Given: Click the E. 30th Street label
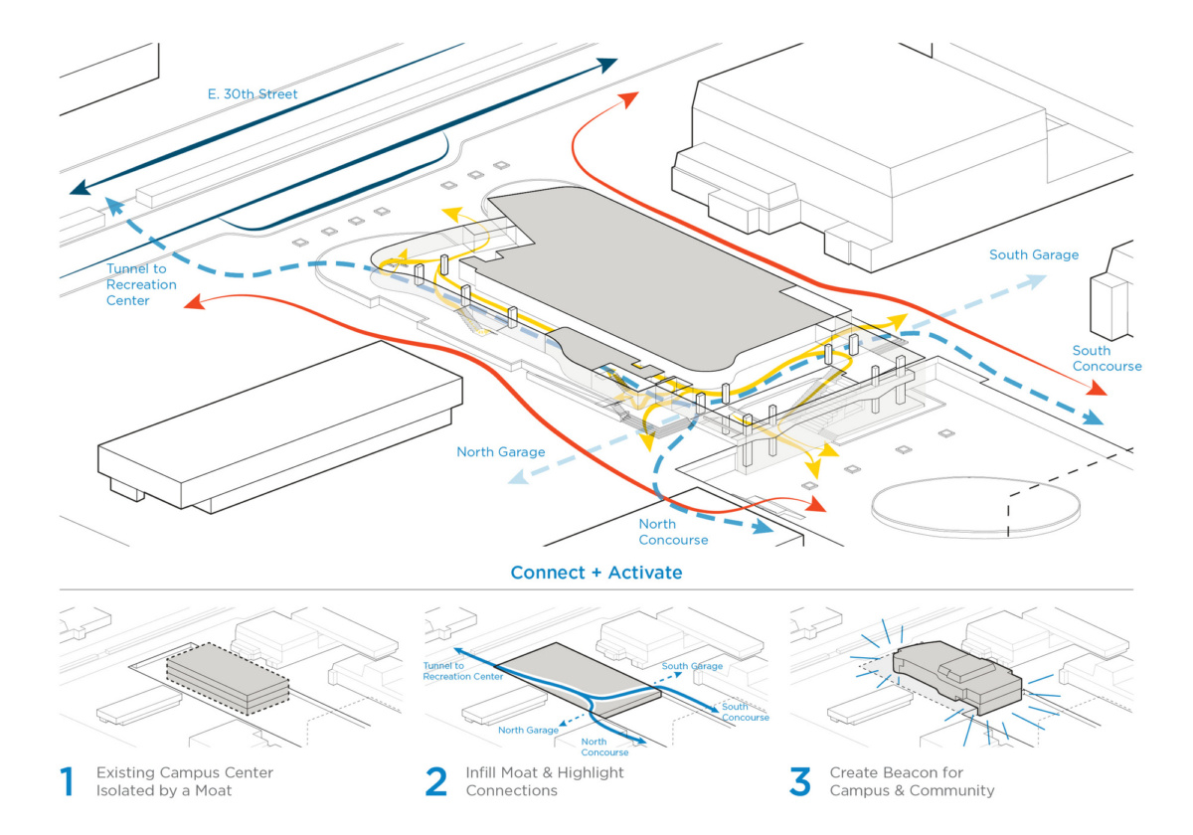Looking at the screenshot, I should (253, 94).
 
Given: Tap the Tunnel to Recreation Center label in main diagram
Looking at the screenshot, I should (141, 284).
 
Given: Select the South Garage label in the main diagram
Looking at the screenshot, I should (1033, 255).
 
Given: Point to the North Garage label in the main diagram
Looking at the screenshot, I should (500, 452).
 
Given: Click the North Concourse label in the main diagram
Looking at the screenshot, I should (673, 532).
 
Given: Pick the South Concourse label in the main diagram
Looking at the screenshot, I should (1107, 358).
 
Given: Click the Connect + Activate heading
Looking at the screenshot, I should (596, 574).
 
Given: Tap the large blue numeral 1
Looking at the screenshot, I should (67, 781).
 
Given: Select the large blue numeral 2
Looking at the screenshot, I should (436, 781).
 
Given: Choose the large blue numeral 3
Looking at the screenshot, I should (800, 781).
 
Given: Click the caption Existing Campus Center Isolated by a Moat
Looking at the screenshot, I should (184, 781).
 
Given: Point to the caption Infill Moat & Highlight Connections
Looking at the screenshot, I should (545, 781).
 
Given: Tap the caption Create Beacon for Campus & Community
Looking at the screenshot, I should (912, 781).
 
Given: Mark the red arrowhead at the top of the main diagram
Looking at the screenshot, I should (629, 96).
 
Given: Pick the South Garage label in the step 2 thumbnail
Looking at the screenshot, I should (692, 666).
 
